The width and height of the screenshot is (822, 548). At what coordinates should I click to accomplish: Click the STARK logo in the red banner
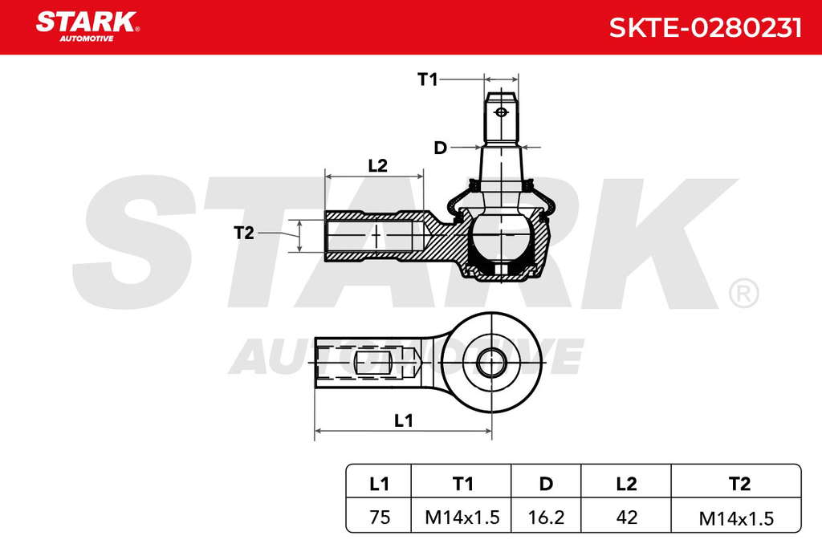click(87, 26)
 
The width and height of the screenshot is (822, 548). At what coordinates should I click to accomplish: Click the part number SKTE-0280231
click(705, 28)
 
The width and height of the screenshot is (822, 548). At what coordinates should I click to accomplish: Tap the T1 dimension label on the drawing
click(427, 79)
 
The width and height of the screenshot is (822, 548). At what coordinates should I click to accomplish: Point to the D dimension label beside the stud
click(441, 148)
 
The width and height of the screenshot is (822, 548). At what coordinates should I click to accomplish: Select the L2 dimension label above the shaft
click(377, 165)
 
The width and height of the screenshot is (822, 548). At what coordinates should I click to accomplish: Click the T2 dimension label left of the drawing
click(244, 233)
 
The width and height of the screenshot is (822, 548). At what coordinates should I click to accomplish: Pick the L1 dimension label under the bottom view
click(403, 420)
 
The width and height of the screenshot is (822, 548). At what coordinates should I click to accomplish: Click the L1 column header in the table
click(379, 484)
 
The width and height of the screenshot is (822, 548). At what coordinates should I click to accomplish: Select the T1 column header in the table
click(462, 484)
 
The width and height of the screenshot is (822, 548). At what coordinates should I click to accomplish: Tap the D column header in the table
click(546, 484)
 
